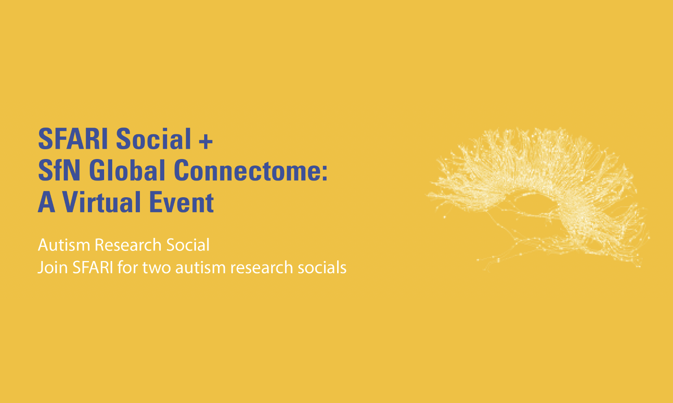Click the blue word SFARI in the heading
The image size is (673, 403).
73,139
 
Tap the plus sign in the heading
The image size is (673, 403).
206,141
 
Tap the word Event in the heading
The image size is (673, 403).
181,202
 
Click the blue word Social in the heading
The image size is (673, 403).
154,139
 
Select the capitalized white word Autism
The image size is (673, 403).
64,245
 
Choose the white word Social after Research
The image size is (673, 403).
188,245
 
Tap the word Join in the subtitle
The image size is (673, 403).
53,268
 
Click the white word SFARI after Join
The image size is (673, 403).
93,267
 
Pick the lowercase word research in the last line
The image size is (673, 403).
262,268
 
